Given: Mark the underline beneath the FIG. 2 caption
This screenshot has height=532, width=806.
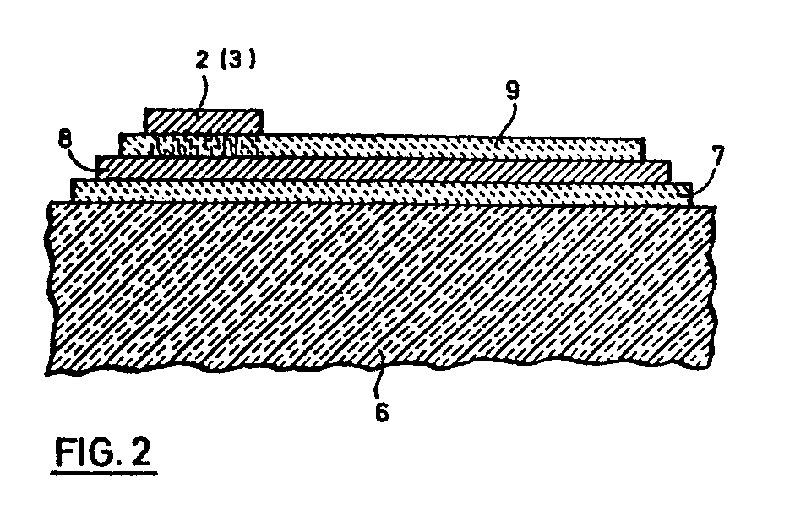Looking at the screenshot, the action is (106, 475).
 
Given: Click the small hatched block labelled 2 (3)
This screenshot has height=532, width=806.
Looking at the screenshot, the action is (203, 121).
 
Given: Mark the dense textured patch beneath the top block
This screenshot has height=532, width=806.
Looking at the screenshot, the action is (203, 145).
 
